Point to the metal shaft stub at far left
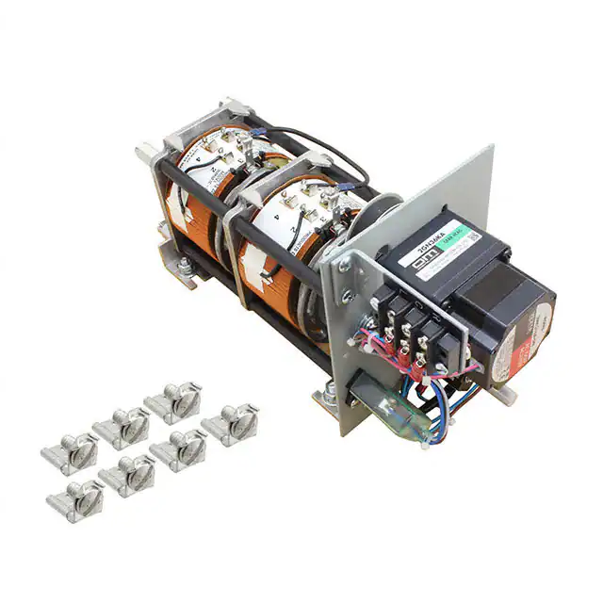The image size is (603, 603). tap(149, 154)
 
